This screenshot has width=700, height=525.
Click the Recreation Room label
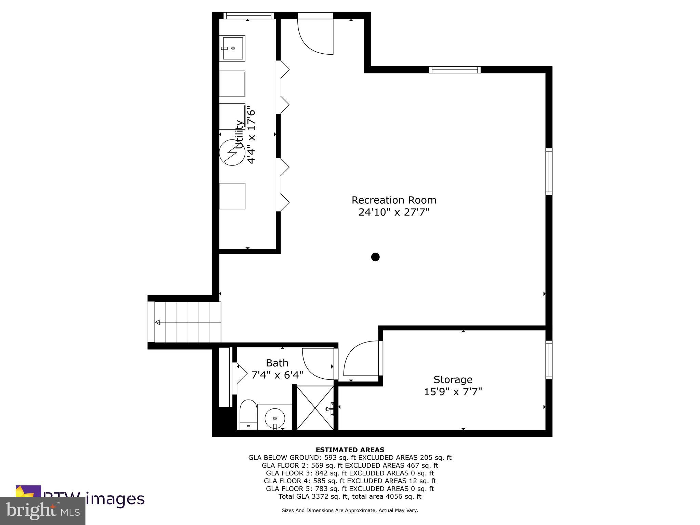pyautogui.click(x=394, y=200)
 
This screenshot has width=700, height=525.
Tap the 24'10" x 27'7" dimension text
pyautogui.click(x=394, y=212)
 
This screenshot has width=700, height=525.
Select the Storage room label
pyautogui.click(x=453, y=379)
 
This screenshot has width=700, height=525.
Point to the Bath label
pyautogui.click(x=277, y=363)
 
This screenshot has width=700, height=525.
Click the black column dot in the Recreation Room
pyautogui.click(x=375, y=257)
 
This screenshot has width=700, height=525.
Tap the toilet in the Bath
pyautogui.click(x=248, y=414)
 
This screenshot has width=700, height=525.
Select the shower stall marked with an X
pyautogui.click(x=314, y=407)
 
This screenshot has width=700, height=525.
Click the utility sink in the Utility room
pyautogui.click(x=232, y=48)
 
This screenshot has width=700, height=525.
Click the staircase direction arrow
pyautogui.click(x=158, y=322)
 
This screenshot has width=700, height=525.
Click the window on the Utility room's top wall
pyautogui.click(x=248, y=15)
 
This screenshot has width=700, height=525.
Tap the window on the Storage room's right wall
pyautogui.click(x=549, y=360)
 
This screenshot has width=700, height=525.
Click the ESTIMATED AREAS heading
pyautogui.click(x=350, y=450)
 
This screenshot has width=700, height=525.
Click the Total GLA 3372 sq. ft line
pyautogui.click(x=350, y=496)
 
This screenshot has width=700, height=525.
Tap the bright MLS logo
pyautogui.click(x=43, y=511)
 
